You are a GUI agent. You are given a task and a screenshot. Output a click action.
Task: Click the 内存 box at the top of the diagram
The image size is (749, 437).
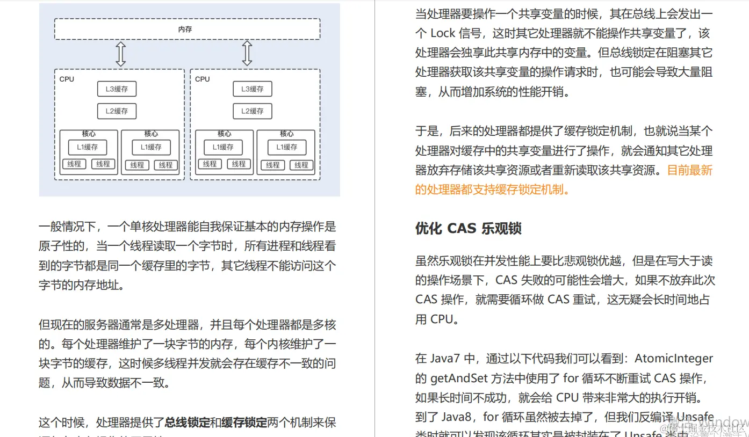click(x=187, y=29)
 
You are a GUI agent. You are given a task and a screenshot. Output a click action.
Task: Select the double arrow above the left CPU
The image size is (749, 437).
click(x=121, y=54)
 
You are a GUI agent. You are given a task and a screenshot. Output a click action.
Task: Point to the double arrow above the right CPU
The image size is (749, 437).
click(x=247, y=54)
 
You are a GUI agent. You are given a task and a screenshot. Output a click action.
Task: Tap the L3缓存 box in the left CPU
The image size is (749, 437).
click(x=117, y=89)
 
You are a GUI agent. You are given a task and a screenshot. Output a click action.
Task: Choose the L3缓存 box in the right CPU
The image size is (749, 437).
click(x=252, y=89)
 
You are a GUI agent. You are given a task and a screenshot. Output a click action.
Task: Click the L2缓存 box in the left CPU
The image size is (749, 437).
click(x=117, y=111)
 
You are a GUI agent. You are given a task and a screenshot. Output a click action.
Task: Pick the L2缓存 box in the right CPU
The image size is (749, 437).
click(x=252, y=111)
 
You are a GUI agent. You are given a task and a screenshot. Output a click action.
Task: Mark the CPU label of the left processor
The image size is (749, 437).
click(x=67, y=79)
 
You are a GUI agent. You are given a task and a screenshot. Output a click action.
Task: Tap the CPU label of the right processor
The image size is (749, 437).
click(x=203, y=79)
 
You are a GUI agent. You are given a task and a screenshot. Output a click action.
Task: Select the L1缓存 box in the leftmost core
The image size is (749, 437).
click(x=88, y=147)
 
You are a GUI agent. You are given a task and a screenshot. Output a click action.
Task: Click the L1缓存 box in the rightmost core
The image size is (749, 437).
click(x=286, y=147)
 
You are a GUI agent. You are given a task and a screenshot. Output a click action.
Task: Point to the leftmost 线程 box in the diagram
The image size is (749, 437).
click(x=74, y=164)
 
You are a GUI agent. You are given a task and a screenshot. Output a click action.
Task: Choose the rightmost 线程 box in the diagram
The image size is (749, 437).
click(x=301, y=165)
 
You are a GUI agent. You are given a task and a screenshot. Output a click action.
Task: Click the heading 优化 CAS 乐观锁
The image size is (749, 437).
click(x=468, y=228)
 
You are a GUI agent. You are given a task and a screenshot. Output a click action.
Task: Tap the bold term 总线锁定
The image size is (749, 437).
click(x=187, y=423)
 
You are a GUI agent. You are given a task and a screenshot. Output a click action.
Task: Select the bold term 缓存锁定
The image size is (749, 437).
click(x=244, y=423)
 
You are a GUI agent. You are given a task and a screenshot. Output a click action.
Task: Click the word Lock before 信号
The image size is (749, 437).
click(x=443, y=33)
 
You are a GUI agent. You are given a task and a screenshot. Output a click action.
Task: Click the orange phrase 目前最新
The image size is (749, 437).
click(x=689, y=170)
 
